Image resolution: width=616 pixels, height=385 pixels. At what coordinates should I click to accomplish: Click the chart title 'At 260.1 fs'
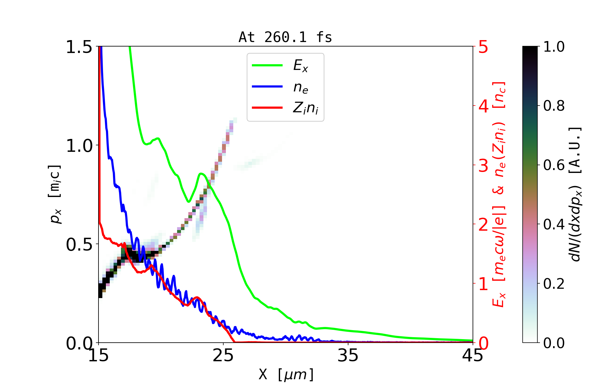pos(285,38)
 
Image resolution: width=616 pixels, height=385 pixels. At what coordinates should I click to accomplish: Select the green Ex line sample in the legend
pos(267,65)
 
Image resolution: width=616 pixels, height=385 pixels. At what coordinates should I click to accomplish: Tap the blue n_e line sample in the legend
pos(267,87)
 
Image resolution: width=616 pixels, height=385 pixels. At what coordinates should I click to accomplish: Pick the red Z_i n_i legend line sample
pos(267,107)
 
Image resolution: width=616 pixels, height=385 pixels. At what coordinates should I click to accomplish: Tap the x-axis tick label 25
pos(223,355)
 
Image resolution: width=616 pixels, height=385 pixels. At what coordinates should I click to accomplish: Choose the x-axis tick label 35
pos(348,355)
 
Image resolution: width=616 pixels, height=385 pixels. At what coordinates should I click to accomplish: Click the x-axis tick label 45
pos(473,355)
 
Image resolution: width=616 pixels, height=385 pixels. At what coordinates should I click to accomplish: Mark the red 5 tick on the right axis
pos(483,47)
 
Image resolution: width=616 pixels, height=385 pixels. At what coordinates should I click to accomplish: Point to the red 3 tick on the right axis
pos(483,166)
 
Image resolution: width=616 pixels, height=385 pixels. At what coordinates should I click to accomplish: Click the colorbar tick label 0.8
pos(554,106)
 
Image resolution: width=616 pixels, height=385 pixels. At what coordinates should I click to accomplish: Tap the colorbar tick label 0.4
pos(554,224)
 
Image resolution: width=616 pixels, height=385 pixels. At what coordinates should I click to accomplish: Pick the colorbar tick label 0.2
pos(554,284)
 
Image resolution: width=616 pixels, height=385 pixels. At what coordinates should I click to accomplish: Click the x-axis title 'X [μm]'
pos(286,374)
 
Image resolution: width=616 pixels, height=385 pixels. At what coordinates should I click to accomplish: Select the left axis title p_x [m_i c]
pos(55,194)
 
